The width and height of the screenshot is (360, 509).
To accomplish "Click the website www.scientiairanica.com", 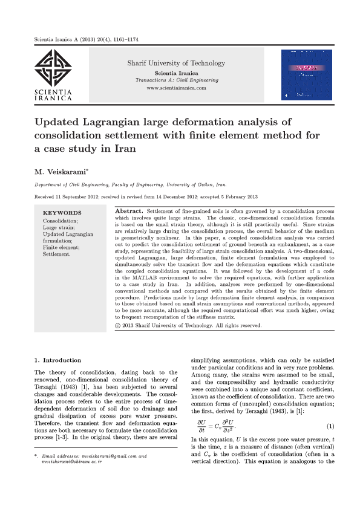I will click(x=176, y=88).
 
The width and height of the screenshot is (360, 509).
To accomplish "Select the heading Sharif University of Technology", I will click(x=176, y=63).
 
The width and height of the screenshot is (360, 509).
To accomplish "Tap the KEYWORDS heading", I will click(x=62, y=213).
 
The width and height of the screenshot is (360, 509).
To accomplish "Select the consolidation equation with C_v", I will click(x=218, y=426).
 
